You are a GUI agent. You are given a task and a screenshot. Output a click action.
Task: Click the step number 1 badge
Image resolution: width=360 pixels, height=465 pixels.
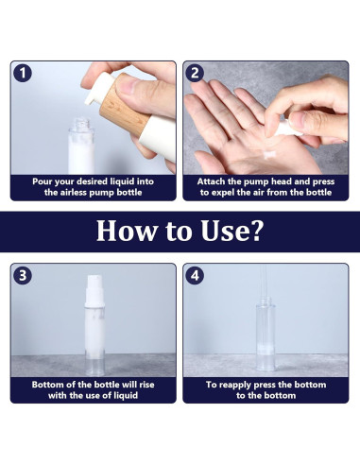(x=23, y=73)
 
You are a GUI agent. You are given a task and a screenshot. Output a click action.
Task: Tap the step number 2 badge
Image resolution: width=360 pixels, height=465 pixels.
(x=195, y=73)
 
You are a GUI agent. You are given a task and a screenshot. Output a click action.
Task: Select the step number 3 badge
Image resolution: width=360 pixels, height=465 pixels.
(x=23, y=276)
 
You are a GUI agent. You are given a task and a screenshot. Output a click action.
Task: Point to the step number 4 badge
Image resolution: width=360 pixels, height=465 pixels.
(x=195, y=276)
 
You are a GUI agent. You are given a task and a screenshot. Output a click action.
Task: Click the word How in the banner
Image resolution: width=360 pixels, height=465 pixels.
(x=126, y=231)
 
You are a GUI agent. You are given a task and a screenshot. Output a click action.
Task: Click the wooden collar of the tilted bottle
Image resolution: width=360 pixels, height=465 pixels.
(x=125, y=105)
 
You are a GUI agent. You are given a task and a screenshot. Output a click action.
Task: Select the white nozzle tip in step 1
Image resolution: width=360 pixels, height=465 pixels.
(x=89, y=101)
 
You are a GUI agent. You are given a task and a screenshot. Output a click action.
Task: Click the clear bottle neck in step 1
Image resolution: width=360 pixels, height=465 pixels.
(x=81, y=124)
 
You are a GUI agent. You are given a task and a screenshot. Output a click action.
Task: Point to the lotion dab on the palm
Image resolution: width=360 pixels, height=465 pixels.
(x=269, y=154)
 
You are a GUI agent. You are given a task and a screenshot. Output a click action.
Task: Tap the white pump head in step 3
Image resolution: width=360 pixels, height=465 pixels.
(x=94, y=290)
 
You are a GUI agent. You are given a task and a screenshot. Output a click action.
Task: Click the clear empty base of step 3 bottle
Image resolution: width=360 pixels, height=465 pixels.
(x=94, y=367)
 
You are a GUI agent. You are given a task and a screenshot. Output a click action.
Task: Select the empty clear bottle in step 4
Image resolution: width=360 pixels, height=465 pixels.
(x=266, y=335)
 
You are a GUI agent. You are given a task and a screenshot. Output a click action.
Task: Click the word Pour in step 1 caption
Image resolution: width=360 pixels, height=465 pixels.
(x=43, y=181)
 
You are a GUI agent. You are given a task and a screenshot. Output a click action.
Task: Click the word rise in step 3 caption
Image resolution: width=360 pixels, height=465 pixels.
(x=146, y=385)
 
